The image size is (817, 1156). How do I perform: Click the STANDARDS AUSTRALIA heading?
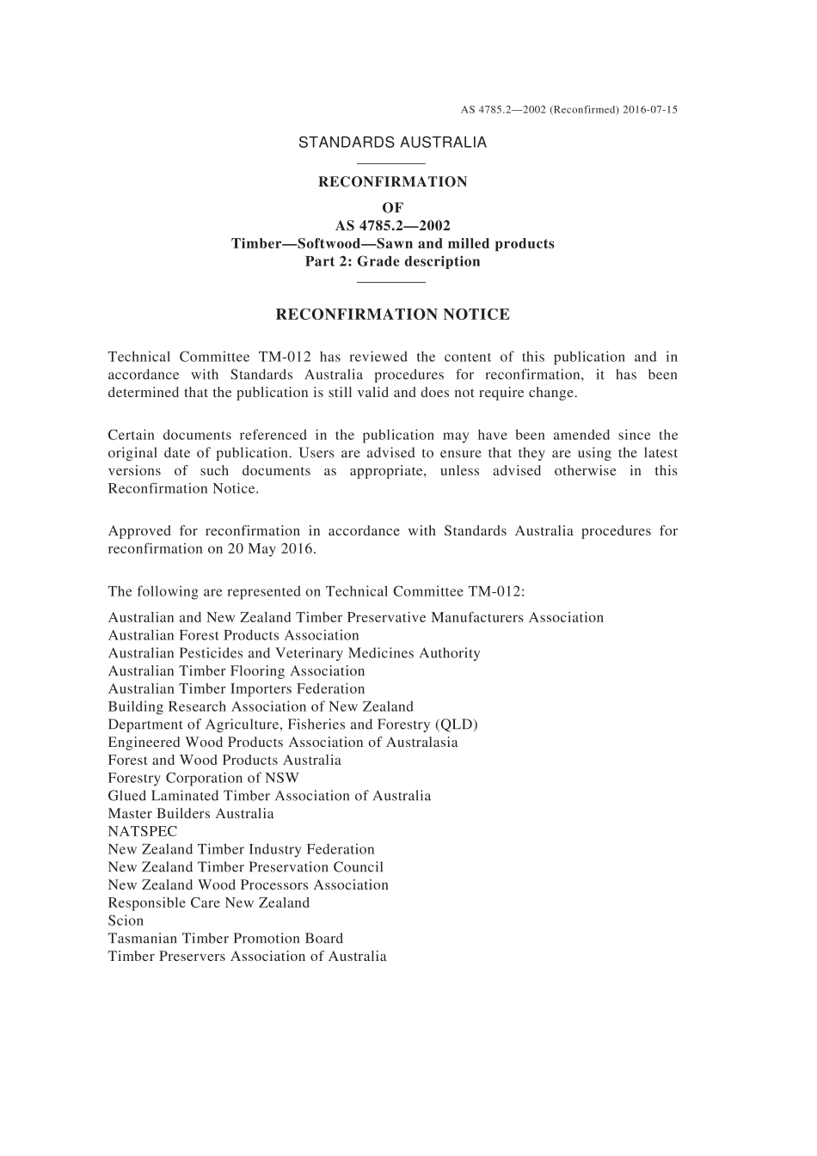[x=392, y=143]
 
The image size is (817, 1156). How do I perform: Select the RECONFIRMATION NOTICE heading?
[x=392, y=315]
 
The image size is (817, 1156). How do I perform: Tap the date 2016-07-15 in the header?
[x=650, y=110]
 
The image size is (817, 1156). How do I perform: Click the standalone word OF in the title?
[x=392, y=208]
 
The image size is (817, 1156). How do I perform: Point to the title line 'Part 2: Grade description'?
[x=392, y=262]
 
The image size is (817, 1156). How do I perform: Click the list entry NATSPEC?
[x=143, y=832]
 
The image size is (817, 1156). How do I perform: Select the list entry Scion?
[x=126, y=921]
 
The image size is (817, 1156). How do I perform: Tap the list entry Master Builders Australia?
[x=191, y=814]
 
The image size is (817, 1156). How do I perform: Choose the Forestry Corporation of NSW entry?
[x=204, y=778]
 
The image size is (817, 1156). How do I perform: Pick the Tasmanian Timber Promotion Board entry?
[x=225, y=939]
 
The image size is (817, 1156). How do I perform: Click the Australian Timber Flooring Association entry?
[x=236, y=671]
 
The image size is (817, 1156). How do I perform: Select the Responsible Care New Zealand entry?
[x=209, y=903]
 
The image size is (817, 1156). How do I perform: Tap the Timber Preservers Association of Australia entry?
[x=248, y=957]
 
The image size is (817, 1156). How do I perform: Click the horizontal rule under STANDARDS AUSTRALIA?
[x=391, y=163]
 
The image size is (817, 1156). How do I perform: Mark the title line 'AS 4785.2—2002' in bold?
[x=392, y=226]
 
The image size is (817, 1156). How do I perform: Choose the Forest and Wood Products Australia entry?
[x=224, y=761]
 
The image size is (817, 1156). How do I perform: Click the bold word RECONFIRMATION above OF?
[x=392, y=182]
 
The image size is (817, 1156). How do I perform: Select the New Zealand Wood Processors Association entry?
[x=249, y=885]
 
